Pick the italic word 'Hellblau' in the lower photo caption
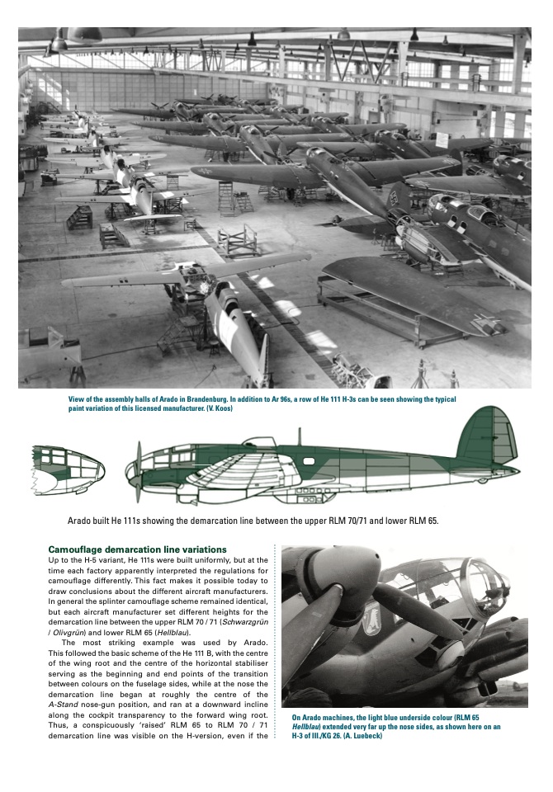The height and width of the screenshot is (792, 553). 308,727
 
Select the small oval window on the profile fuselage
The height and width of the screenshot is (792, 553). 309,460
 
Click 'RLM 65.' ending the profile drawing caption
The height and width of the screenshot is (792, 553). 420,521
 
